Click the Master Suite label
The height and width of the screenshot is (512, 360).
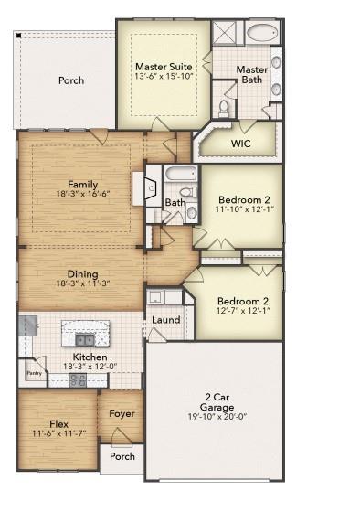163,67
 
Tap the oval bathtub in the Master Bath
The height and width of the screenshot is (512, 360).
262,34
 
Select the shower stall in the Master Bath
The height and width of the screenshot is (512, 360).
225,33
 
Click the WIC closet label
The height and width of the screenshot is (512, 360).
240,144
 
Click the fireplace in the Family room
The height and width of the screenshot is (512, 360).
141,188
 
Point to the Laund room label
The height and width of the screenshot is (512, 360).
165,320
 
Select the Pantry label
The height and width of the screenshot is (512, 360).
34,373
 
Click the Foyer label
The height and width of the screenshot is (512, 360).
122,413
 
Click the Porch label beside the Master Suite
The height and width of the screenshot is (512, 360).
71,80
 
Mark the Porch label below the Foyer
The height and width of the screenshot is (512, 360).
122,456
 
